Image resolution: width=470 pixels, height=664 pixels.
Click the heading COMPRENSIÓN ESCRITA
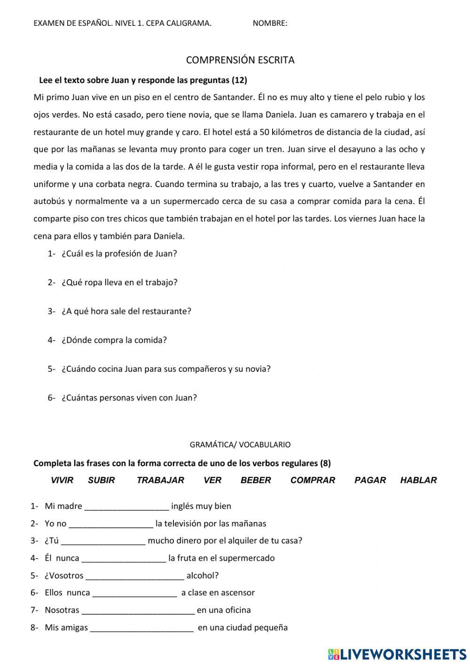[240, 60]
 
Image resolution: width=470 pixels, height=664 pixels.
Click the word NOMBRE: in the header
[270, 23]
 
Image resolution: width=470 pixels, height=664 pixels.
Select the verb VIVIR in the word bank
[62, 480]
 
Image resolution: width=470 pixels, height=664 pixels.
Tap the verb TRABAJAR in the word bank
[160, 480]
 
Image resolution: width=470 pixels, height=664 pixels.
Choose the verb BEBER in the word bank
[256, 480]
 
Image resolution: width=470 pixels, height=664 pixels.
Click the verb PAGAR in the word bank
[370, 480]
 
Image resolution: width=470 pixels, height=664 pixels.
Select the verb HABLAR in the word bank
[418, 480]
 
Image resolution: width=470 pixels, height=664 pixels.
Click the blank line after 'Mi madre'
[126, 507]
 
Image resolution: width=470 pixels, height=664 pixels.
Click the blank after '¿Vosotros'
[135, 576]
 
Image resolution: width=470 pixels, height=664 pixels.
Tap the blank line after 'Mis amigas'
[141, 628]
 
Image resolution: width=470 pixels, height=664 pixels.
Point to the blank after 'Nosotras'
[138, 611]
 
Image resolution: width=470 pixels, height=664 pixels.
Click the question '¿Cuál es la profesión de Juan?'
[119, 254]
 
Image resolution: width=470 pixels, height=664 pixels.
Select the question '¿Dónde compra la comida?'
[114, 340]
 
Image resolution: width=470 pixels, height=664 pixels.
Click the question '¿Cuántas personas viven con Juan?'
[129, 398]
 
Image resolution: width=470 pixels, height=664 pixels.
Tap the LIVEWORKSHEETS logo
[397, 654]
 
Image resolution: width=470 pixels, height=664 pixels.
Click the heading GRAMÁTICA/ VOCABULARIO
[240, 445]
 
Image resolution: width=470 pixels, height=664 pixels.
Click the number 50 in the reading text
[264, 132]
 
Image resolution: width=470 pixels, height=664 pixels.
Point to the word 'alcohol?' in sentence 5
[203, 576]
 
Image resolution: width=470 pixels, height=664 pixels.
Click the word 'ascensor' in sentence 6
[238, 593]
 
